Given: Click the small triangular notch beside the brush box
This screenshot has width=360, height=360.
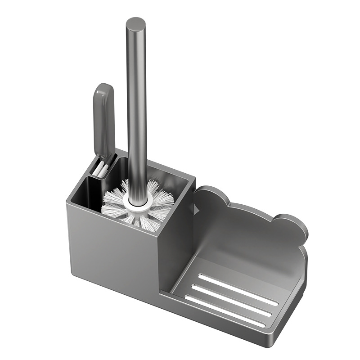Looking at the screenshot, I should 195,208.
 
